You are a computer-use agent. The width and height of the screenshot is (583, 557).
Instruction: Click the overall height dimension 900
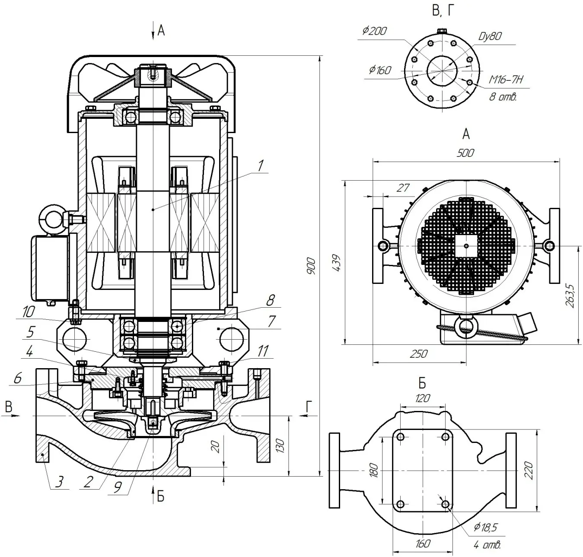pos(311,266)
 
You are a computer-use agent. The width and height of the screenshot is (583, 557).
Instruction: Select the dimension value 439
pos(337,263)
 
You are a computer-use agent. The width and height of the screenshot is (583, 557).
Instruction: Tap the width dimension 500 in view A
pos(465,153)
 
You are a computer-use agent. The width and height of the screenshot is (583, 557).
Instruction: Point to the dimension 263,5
pos(570,296)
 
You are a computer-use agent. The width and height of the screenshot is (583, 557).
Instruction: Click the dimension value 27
pos(403,188)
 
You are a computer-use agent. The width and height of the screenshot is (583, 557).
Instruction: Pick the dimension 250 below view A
pos(418,354)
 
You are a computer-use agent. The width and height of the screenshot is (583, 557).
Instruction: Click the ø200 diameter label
pos(375,31)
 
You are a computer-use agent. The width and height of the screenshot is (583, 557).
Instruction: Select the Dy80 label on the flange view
pos(490,36)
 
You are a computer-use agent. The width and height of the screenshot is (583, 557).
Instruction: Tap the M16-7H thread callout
pos(506,80)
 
